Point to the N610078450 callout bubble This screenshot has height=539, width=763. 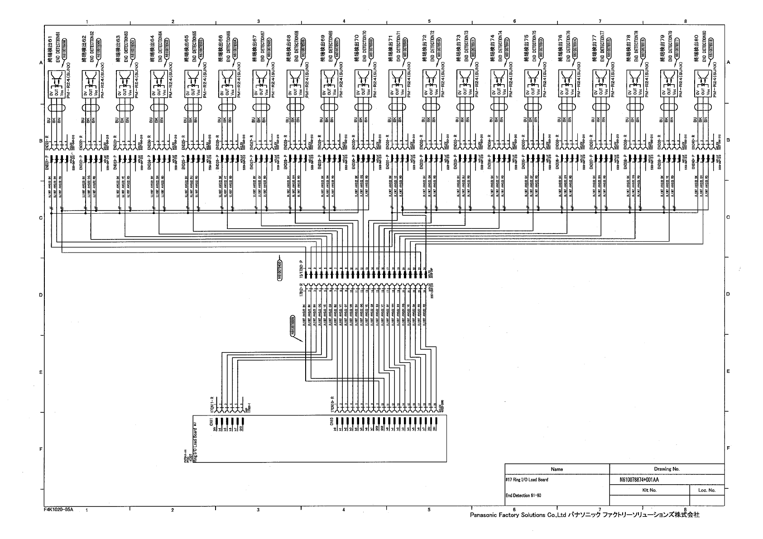[x=280, y=270]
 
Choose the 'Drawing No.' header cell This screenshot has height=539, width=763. [x=667, y=469]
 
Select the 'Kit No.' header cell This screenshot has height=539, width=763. [x=649, y=490]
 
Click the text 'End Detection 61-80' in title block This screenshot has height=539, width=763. [x=523, y=495]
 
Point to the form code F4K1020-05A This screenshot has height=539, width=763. [x=58, y=509]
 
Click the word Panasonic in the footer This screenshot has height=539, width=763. [x=484, y=515]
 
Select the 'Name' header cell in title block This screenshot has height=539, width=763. [x=557, y=469]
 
